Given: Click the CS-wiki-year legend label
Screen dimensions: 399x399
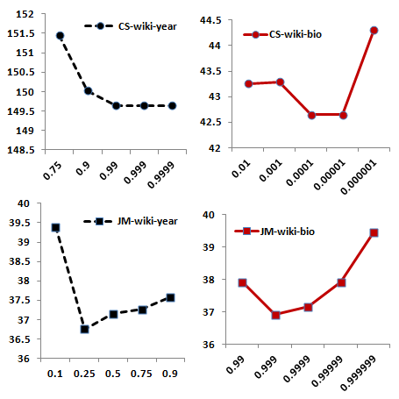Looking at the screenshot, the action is coord(147,26).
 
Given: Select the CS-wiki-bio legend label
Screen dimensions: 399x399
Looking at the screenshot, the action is coord(296,34).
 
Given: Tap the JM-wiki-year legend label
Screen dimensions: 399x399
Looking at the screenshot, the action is coord(147,221).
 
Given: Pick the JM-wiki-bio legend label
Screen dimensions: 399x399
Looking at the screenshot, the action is coord(288,232).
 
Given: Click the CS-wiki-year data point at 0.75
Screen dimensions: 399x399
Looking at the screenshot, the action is coord(60,36).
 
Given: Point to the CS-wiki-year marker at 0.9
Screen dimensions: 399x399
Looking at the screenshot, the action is coord(89,91).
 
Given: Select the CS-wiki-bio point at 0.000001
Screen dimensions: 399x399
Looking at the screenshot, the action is coord(374,30).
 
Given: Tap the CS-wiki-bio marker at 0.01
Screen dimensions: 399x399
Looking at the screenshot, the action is coord(249,84).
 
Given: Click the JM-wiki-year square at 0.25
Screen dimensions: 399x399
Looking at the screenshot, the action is coord(84,330).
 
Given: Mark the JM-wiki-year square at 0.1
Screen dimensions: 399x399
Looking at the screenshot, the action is coord(55,228).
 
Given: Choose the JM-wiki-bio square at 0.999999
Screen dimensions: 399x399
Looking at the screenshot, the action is coord(374,233).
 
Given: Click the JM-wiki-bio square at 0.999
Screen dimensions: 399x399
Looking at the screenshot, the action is coord(275,315).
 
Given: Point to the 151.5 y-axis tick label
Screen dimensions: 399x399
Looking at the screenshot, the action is coord(21,33).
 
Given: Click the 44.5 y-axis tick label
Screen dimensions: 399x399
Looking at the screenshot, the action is coord(210,20).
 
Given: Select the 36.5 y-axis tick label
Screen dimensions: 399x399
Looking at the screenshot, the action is coord(19,339).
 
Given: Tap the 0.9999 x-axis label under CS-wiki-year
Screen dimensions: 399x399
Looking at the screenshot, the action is coord(161,175).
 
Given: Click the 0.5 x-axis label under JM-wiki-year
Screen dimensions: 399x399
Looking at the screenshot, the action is coord(113,374).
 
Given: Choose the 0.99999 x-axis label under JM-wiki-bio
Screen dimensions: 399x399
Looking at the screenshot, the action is coord(327,371).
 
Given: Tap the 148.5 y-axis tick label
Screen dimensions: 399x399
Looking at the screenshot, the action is coord(21,150).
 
